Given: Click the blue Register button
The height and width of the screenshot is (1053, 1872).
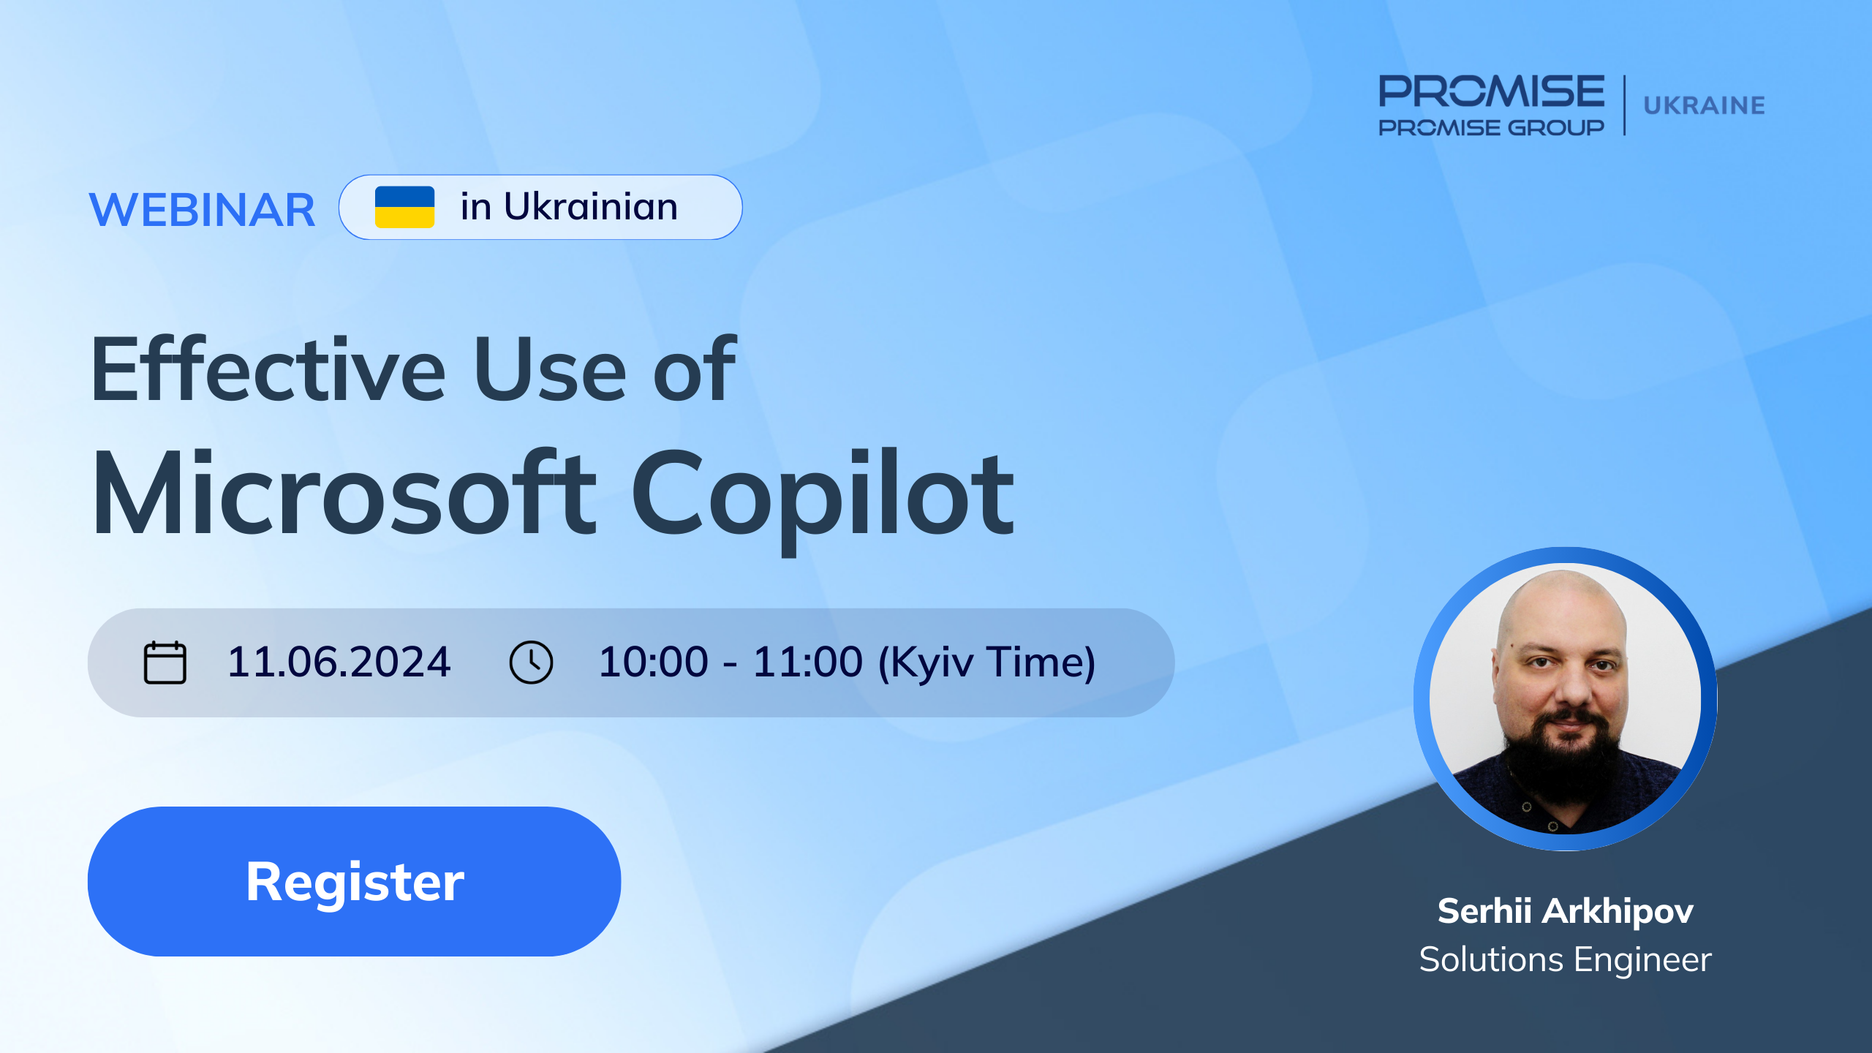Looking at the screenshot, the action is [354, 881].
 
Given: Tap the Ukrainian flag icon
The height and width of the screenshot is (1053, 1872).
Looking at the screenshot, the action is [404, 207].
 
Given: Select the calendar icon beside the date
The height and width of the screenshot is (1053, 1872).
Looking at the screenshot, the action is [165, 663].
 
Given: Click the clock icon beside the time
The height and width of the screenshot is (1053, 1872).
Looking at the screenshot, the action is [531, 663].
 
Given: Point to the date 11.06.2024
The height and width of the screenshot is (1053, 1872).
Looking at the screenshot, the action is [339, 662].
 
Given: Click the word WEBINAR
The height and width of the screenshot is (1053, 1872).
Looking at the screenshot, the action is [202, 210].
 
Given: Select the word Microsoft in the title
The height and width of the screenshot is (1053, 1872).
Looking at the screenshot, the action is [344, 494].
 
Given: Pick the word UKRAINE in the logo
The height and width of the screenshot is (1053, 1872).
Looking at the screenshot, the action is [1705, 105].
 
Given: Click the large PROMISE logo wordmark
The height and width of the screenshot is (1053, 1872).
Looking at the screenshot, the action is [1492, 91].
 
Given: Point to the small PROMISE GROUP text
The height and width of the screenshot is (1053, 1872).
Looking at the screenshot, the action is [1492, 127].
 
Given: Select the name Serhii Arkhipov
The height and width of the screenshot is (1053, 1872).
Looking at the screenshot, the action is [1566, 911].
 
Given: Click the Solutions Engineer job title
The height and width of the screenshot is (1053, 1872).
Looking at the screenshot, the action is [1566, 959].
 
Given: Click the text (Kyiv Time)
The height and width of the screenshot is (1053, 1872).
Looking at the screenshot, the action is [986, 663].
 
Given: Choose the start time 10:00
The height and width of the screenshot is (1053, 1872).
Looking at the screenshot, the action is [654, 662].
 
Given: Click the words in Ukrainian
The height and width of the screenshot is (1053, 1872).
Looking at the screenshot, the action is [569, 206].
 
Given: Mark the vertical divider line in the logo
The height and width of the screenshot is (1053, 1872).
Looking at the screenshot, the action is [1625, 105].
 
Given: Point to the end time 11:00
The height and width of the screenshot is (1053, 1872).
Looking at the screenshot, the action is [808, 662].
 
